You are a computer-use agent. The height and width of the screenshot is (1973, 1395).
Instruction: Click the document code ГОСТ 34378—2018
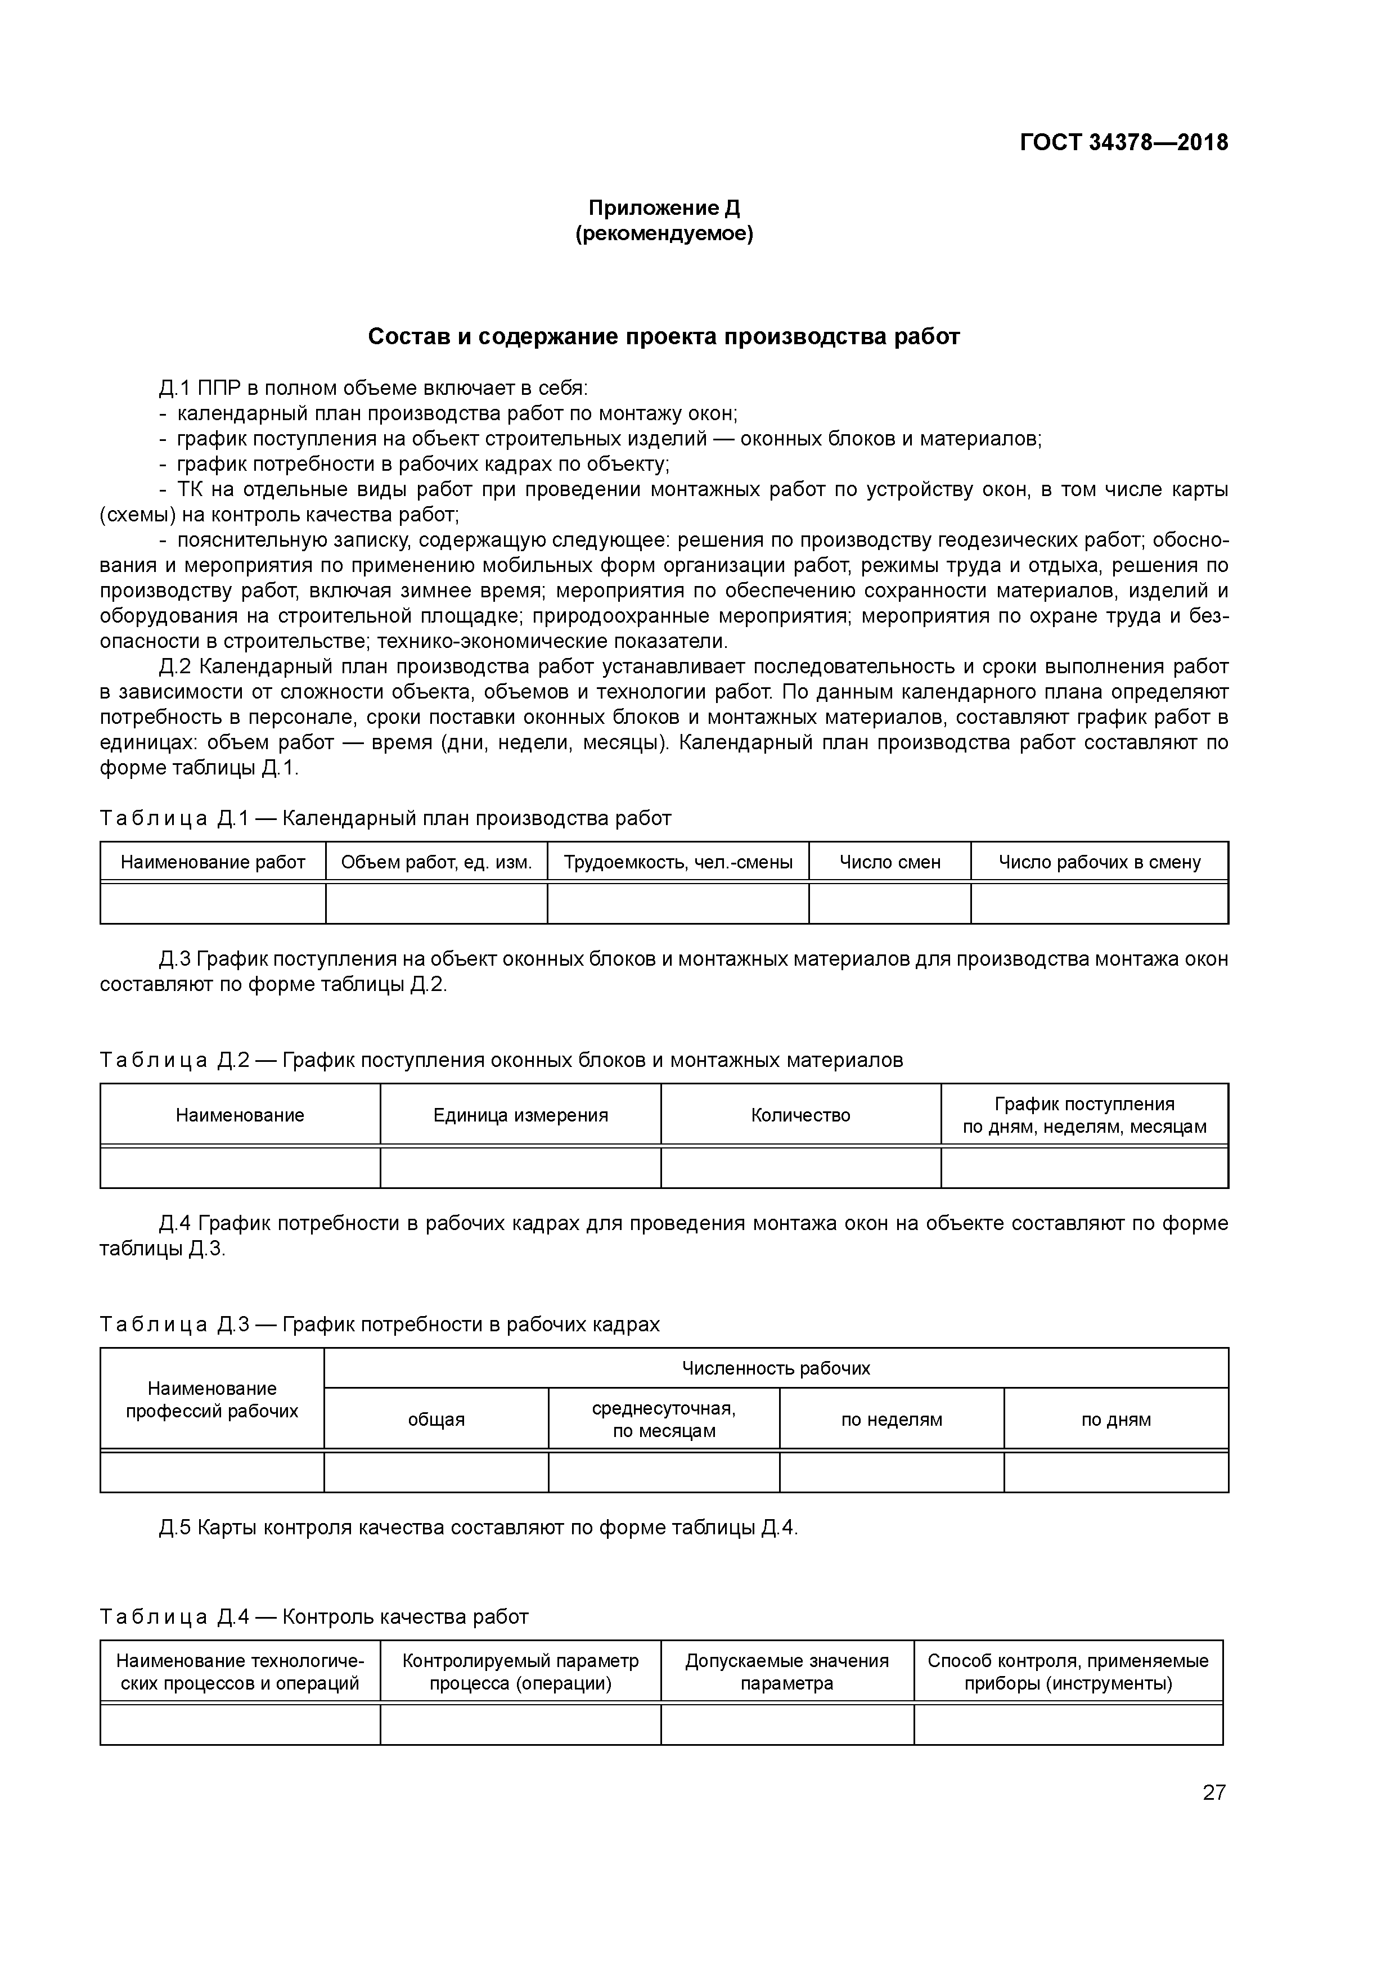tap(1123, 143)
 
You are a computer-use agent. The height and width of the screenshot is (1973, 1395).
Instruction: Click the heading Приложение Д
tap(664, 208)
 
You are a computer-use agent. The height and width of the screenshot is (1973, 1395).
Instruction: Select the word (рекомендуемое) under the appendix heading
tap(664, 234)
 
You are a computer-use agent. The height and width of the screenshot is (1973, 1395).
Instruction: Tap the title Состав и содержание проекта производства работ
tap(664, 337)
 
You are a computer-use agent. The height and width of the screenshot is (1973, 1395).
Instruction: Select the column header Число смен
tap(890, 862)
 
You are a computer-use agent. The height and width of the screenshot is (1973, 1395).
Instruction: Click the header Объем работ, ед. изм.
tap(436, 862)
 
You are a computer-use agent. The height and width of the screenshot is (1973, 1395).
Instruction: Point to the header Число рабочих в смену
tap(1099, 862)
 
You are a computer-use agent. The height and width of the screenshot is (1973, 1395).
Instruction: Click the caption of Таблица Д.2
tap(501, 1060)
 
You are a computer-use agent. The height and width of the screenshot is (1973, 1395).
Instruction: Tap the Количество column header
tap(800, 1115)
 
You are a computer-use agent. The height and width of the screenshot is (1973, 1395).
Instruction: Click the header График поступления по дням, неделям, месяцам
tap(1084, 1115)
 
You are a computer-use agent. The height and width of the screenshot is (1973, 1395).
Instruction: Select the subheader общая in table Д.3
tap(436, 1420)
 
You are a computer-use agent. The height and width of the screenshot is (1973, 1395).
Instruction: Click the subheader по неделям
tap(892, 1420)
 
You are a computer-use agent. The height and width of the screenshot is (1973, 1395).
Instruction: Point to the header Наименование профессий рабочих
tap(212, 1400)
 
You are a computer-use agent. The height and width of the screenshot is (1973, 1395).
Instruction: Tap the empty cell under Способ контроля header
tap(1068, 1724)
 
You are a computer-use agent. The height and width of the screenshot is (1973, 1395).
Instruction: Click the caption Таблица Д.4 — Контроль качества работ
tap(314, 1617)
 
